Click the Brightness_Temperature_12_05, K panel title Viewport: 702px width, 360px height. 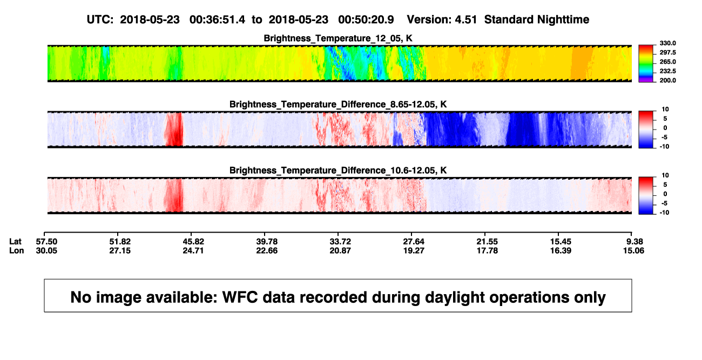point(338,38)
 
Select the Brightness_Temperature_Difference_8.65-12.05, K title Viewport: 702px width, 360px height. point(338,104)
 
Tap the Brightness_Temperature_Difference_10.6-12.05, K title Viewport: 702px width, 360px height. point(338,171)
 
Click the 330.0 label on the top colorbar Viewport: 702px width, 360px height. point(667,43)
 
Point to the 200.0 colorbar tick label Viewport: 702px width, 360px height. point(667,80)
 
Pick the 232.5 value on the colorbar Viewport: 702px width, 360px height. point(667,71)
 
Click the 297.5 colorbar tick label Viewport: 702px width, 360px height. point(667,53)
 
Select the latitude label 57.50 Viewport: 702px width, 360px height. point(46,242)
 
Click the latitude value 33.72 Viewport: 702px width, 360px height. point(340,242)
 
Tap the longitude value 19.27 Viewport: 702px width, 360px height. point(414,250)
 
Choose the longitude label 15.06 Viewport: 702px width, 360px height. point(633,250)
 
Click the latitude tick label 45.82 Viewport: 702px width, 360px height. point(193,242)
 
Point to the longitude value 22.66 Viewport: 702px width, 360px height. point(267,250)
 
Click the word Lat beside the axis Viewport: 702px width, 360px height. point(15,242)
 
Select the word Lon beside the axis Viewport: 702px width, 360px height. point(17,250)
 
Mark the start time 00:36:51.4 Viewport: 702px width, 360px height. point(217,20)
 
